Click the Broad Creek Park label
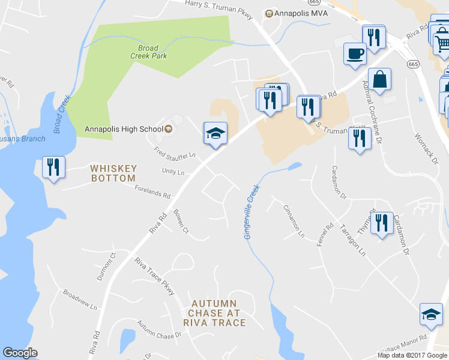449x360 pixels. (x=148, y=52)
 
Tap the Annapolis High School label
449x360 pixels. (x=124, y=129)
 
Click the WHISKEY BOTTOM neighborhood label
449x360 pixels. (x=113, y=173)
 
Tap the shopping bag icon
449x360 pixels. (x=380, y=79)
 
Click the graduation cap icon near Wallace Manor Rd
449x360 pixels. (x=431, y=315)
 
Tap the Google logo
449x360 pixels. (x=20, y=353)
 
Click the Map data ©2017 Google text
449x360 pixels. (x=412, y=355)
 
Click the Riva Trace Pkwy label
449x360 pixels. (x=154, y=276)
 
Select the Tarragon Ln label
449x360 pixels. (x=353, y=241)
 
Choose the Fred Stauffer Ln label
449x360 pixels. (x=175, y=152)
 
